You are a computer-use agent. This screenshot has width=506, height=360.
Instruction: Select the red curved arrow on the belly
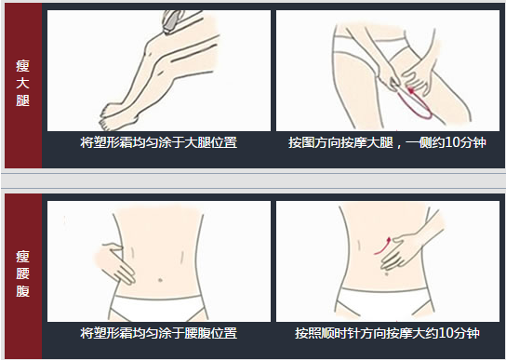coord(383,246)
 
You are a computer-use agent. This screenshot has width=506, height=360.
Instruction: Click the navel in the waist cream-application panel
coord(160,280)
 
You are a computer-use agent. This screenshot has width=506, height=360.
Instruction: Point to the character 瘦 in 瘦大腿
coord(22,66)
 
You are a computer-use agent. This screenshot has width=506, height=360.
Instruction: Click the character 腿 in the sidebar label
coord(22,100)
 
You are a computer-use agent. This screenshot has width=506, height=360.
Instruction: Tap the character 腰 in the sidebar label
coord(22,273)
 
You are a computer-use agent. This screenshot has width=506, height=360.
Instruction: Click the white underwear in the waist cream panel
coord(158,308)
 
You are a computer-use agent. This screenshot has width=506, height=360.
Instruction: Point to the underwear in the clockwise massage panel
coord(384,303)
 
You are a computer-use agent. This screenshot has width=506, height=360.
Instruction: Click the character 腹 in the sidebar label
coord(22,291)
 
